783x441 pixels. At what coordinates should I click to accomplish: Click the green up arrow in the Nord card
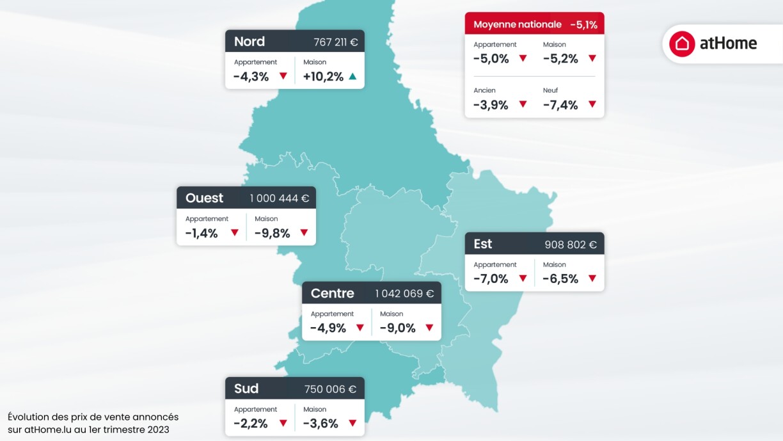tap(352, 76)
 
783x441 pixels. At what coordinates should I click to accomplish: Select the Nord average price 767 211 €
tap(335, 42)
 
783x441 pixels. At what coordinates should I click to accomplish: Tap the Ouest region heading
tap(204, 198)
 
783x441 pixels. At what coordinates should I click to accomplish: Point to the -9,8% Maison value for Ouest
tap(272, 233)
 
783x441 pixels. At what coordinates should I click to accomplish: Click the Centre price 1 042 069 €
tap(404, 294)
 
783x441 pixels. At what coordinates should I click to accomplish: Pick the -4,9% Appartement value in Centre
tap(328, 328)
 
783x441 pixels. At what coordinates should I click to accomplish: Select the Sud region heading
tap(246, 389)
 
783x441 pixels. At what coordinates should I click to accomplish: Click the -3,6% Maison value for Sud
tap(320, 423)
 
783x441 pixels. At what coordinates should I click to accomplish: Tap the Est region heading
tap(483, 244)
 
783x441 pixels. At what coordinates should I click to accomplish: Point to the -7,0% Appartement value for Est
tap(491, 278)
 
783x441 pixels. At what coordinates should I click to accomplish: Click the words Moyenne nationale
tap(517, 25)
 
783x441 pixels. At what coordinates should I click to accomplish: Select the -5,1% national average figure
tap(583, 25)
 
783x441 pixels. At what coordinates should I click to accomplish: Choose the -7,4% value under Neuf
tap(560, 105)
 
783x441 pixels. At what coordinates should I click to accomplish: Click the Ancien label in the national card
tap(484, 90)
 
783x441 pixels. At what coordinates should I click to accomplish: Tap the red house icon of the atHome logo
tap(682, 44)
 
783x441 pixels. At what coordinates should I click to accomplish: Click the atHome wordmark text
tap(728, 44)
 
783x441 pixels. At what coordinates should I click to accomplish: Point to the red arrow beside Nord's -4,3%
tap(283, 76)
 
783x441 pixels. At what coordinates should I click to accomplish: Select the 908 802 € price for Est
tap(571, 245)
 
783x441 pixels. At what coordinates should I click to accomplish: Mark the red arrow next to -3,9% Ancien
tap(523, 104)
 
